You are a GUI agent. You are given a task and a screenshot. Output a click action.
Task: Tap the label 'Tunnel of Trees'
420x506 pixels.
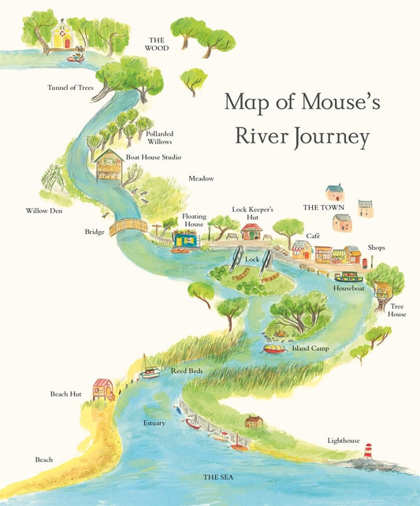(69, 87)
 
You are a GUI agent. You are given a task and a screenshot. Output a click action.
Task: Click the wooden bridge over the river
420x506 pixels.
(128, 227)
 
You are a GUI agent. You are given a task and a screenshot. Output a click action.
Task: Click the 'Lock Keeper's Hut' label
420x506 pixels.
(252, 213)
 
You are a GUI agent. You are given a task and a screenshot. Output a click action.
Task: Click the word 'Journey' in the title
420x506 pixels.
(331, 138)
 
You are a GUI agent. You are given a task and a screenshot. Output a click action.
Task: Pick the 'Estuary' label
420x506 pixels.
(154, 423)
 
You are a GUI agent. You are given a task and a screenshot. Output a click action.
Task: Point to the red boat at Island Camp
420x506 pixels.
(273, 348)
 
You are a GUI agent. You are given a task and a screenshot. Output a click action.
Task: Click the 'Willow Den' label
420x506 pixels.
(43, 210)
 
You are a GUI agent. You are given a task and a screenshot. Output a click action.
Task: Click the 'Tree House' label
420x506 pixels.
(396, 309)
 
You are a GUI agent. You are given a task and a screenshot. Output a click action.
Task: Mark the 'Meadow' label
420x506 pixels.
(200, 179)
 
